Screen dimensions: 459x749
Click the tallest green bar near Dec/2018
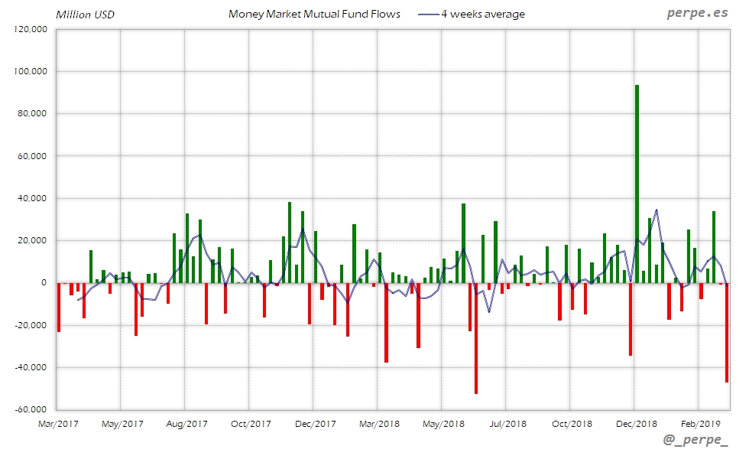point(637,184)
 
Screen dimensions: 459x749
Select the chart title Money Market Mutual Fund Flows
point(314,14)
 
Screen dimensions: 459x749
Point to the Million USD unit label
point(84,15)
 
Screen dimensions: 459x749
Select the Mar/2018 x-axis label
point(379,423)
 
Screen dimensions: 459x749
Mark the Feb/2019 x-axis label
point(701,423)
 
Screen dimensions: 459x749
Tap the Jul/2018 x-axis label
point(507,423)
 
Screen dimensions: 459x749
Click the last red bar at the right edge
point(727,333)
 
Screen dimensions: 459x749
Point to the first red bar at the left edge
point(59,307)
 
